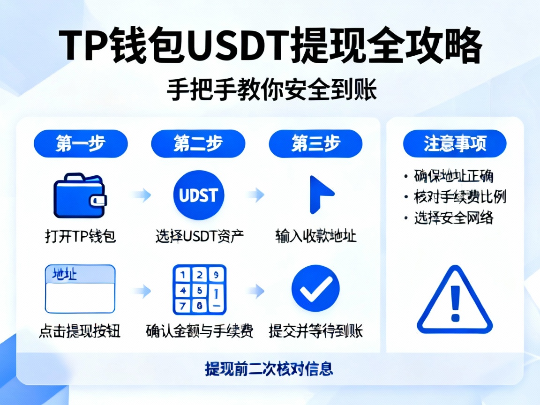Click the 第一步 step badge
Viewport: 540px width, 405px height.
(80, 143)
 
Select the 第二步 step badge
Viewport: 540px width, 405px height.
(198, 143)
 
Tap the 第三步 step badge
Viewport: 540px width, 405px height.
(315, 143)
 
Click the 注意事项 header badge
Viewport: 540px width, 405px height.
(455, 143)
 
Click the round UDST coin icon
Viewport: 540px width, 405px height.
(199, 195)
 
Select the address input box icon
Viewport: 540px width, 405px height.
(80, 289)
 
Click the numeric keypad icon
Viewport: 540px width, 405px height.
(199, 289)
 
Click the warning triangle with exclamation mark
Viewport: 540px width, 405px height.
(454, 301)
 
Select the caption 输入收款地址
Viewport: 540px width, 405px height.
(316, 236)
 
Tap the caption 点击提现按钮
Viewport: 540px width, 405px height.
(80, 331)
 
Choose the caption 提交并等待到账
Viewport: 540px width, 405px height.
(316, 331)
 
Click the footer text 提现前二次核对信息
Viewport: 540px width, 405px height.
(269, 368)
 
